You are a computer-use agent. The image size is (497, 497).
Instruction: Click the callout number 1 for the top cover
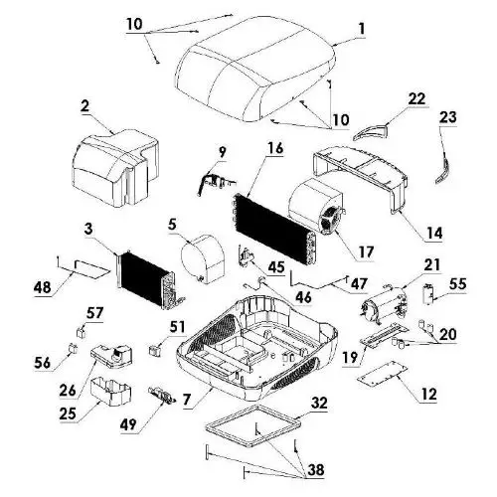[x=362, y=29]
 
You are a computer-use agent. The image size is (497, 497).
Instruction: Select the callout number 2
[x=84, y=105]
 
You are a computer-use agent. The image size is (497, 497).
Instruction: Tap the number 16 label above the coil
[x=275, y=148]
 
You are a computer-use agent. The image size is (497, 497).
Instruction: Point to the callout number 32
[x=319, y=403]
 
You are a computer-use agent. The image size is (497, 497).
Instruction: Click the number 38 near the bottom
[x=315, y=469]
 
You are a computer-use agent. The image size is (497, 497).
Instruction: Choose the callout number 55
[x=458, y=284]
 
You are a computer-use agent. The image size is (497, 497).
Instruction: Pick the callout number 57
[x=94, y=313]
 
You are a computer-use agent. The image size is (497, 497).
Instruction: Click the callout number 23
[x=448, y=117]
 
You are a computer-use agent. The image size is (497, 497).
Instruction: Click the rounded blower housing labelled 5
[x=203, y=259]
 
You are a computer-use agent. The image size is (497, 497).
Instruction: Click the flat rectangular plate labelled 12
[x=382, y=374]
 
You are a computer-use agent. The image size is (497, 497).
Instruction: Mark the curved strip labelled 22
[x=370, y=132]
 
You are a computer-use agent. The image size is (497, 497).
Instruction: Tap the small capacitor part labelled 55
[x=429, y=293]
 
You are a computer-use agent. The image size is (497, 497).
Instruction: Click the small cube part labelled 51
[x=155, y=350]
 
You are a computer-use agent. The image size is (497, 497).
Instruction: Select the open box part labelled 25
[x=110, y=390]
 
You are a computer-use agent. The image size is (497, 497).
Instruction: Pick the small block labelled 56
[x=73, y=348]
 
